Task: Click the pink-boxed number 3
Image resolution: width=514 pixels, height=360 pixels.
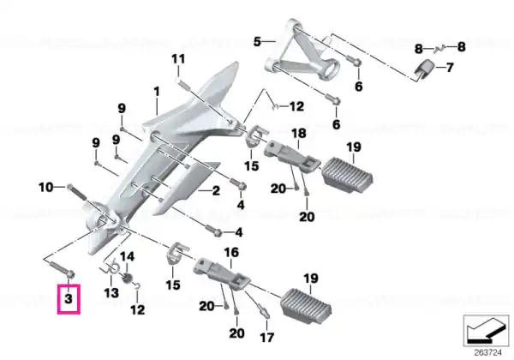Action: (69, 298)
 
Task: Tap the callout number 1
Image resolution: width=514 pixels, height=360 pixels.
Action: (157, 92)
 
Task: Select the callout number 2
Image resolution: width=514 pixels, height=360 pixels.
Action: (216, 190)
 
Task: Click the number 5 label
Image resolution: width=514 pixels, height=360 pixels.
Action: (257, 42)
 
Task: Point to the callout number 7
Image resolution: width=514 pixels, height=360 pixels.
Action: (450, 68)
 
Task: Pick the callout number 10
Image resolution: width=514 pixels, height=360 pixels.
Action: (46, 188)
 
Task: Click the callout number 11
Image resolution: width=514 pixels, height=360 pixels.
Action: (178, 59)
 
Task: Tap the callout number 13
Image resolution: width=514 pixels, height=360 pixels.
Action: (111, 292)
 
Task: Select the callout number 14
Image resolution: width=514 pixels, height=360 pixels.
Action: (127, 256)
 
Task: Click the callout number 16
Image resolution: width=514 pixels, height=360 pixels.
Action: (231, 253)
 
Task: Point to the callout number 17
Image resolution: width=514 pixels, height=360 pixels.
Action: (266, 338)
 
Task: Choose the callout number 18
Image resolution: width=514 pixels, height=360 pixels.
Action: (299, 134)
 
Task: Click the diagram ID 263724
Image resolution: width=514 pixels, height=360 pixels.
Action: (487, 353)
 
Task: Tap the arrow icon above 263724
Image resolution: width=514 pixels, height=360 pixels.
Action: (487, 330)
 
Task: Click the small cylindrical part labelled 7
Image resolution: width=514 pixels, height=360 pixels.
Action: (425, 70)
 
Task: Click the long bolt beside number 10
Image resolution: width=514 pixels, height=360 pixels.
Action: (76, 193)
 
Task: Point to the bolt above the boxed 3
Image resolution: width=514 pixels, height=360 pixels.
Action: (63, 267)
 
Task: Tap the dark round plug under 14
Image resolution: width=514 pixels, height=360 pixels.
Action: (127, 279)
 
